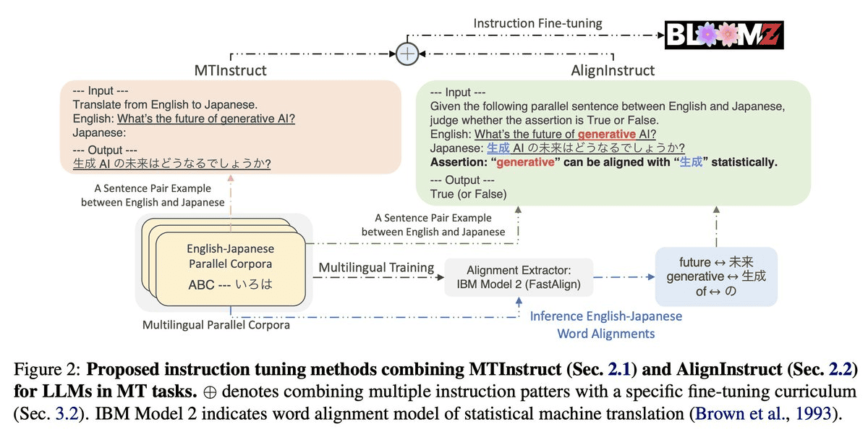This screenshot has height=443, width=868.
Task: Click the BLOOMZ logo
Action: point(725,34)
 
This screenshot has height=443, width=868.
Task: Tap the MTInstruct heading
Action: point(230,70)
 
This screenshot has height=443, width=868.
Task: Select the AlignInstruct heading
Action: point(612,70)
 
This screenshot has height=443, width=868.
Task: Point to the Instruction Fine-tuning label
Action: point(537,23)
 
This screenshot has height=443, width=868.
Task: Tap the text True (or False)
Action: point(468,194)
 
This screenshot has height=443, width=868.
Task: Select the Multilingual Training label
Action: point(375,267)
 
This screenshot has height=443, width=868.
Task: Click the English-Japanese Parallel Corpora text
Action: point(230,256)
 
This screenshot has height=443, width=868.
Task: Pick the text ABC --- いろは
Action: point(230,284)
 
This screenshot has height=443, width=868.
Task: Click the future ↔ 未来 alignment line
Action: point(716,262)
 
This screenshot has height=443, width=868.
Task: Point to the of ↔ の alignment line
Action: point(715,291)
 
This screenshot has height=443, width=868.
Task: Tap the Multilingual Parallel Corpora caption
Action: point(216,325)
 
